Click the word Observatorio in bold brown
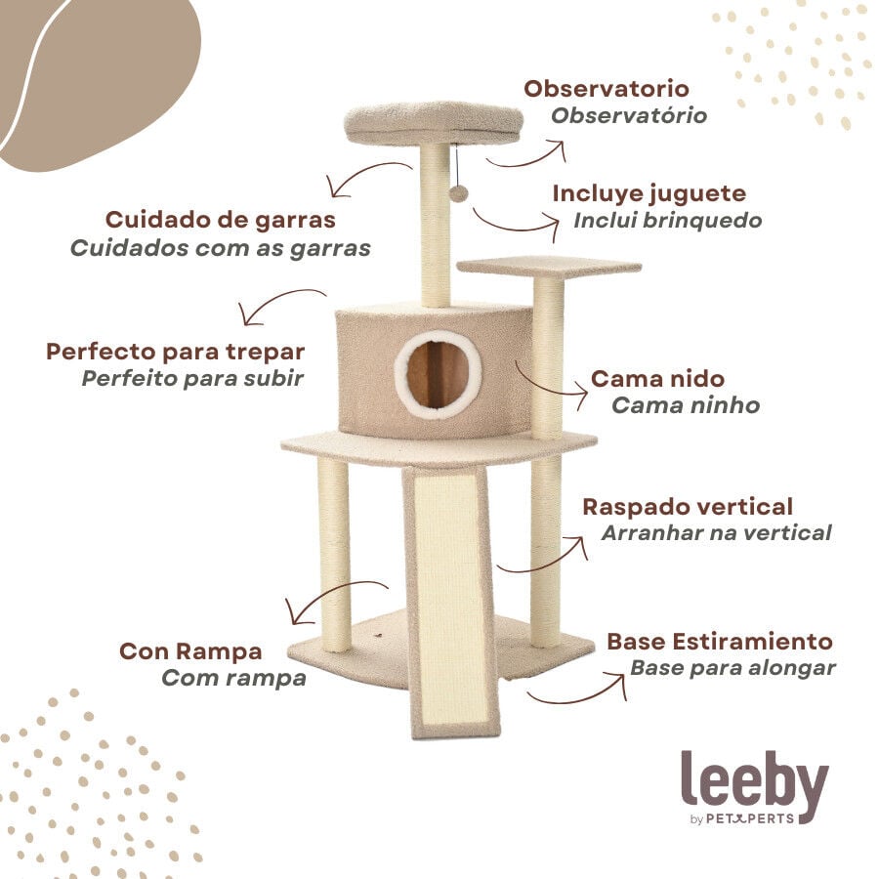607,89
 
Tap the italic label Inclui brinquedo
667,220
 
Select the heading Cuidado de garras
220,219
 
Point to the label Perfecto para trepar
175,351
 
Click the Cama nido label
657,378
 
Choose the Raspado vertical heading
687,507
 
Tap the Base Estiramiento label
719,642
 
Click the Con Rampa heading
190,650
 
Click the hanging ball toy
458,193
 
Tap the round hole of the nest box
438,373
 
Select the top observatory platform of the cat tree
434,123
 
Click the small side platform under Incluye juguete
548,266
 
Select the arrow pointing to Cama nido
552,384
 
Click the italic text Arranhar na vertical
716,533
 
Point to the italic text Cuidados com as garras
221,247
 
